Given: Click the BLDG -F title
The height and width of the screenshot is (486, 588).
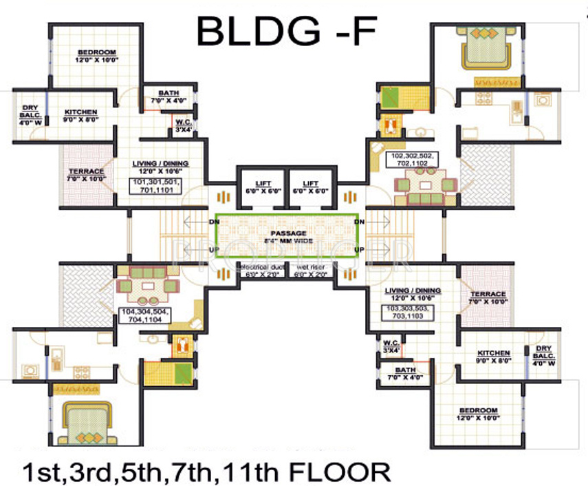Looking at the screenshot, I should click(x=287, y=32).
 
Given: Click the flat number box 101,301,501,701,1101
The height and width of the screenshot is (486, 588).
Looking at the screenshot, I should click(x=160, y=185).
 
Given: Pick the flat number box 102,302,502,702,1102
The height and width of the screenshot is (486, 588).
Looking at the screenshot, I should click(x=415, y=160).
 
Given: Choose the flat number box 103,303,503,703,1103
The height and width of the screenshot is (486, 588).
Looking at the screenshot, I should click(x=412, y=313).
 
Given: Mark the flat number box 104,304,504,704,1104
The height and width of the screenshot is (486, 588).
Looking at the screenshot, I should click(x=145, y=316).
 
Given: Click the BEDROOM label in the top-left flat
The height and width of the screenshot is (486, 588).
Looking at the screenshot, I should click(x=96, y=56).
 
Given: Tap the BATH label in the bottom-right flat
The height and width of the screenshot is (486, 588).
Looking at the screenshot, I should click(x=404, y=372).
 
